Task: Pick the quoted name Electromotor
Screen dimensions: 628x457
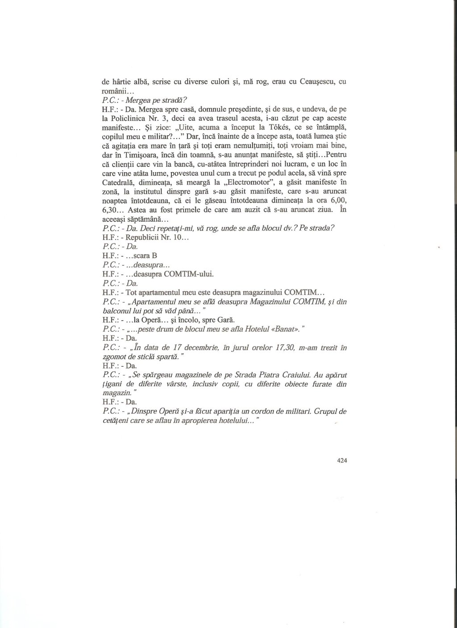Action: pyautogui.click(x=234, y=182)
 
